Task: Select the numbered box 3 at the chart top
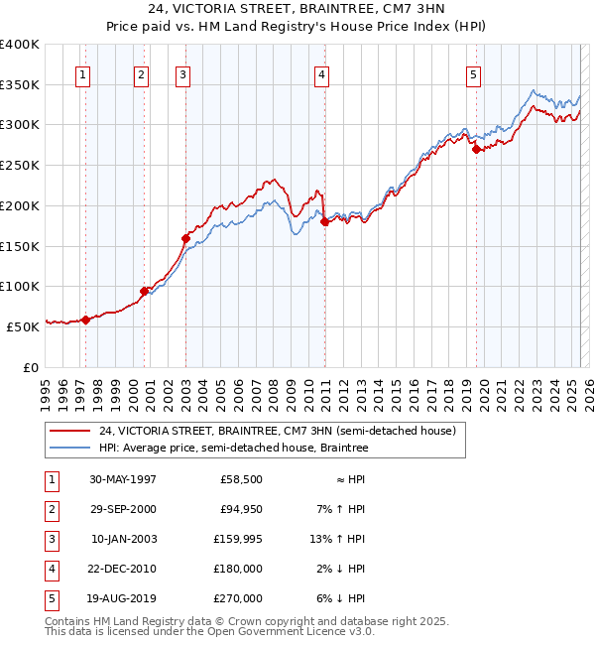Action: (x=183, y=74)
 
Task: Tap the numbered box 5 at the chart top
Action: (x=473, y=74)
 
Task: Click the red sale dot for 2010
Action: (x=324, y=222)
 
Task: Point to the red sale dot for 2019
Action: (x=477, y=150)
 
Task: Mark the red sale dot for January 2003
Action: (x=185, y=238)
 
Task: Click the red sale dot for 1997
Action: (x=85, y=320)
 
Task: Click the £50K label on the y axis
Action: (x=23, y=325)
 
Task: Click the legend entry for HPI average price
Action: (x=233, y=449)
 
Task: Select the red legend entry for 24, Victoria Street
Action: (x=277, y=431)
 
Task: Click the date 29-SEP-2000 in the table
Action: (x=123, y=509)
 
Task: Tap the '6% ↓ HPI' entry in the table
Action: (x=346, y=598)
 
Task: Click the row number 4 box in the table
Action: (x=49, y=569)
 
